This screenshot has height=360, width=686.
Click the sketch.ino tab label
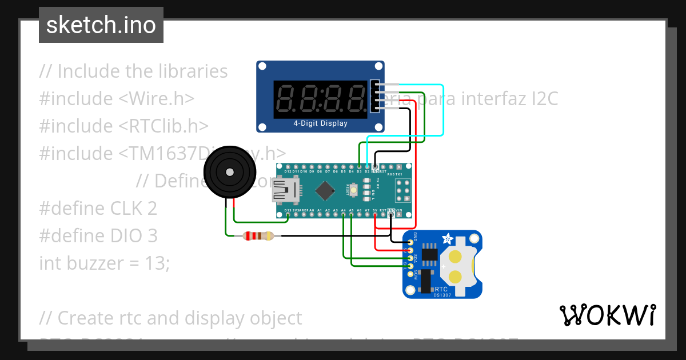point(101,25)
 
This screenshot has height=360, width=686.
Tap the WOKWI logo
point(608,315)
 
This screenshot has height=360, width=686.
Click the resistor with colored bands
point(258,235)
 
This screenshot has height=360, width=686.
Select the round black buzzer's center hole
point(230,171)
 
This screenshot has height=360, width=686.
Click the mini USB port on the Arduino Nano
point(285,191)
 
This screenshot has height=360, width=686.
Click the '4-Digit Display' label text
point(320,123)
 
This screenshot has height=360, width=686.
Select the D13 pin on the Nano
point(287,215)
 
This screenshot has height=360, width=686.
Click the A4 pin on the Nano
point(343,215)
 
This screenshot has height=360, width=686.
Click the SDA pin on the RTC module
point(410,258)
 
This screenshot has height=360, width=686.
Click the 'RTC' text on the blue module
point(441,290)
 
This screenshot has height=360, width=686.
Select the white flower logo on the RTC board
point(448,238)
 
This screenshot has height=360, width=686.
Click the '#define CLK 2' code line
point(98,209)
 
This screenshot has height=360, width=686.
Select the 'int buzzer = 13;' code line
point(105,263)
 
